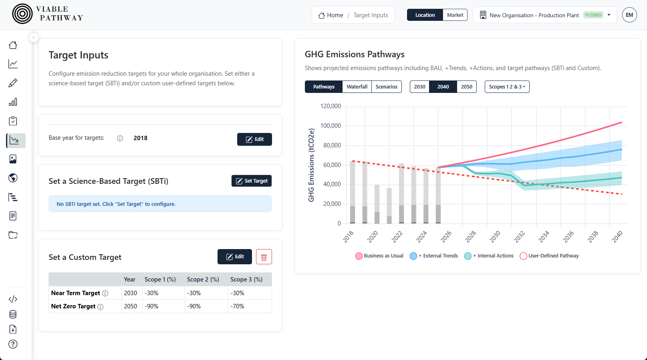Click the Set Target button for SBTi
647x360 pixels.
pyautogui.click(x=252, y=181)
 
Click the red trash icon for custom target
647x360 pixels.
pyautogui.click(x=264, y=257)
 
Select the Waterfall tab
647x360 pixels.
pyautogui.click(x=357, y=87)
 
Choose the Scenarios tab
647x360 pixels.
pyautogui.click(x=386, y=87)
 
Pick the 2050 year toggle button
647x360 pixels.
pyautogui.click(x=466, y=87)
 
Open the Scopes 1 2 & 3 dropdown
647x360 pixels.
pyautogui.click(x=507, y=87)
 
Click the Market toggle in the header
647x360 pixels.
pyautogui.click(x=455, y=15)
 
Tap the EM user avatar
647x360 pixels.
pyautogui.click(x=629, y=15)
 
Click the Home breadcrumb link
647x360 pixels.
pyautogui.click(x=331, y=15)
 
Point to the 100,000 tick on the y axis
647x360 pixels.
pyautogui.click(x=331, y=126)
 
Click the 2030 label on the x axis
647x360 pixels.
pyautogui.click(x=495, y=236)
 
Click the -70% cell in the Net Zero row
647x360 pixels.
pyautogui.click(x=237, y=306)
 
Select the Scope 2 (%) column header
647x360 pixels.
pyautogui.click(x=203, y=280)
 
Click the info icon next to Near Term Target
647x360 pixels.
pyautogui.click(x=105, y=293)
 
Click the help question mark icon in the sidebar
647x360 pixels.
pyautogui.click(x=13, y=344)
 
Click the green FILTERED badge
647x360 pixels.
pyautogui.click(x=593, y=15)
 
